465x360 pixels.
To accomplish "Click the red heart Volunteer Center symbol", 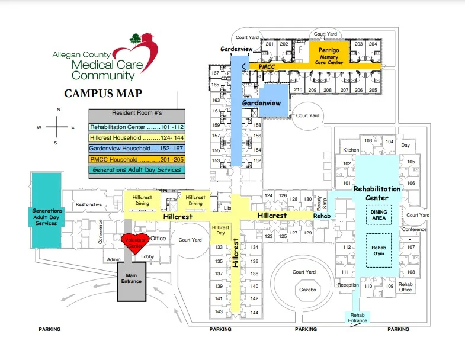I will (x=133, y=243).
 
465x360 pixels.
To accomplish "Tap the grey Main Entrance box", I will (x=132, y=278).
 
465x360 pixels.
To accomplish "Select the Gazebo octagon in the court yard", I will (x=308, y=290).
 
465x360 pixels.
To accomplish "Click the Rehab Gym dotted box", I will (x=379, y=250).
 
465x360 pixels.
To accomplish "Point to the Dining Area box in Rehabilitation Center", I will (x=379, y=216).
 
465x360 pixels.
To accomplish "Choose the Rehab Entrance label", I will (x=358, y=318).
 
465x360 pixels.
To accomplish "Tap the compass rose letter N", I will (x=58, y=110).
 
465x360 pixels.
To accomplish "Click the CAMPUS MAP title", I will (x=103, y=94).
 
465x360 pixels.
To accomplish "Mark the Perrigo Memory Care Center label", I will (x=328, y=55).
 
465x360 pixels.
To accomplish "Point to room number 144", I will (x=255, y=312).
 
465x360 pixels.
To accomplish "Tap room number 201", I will (x=270, y=44).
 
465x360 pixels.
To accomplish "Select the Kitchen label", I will (x=351, y=150).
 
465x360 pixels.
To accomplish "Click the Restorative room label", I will (x=89, y=204).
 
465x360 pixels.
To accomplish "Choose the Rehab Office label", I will (x=405, y=287).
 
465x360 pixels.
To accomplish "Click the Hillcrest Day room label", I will (x=220, y=230).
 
